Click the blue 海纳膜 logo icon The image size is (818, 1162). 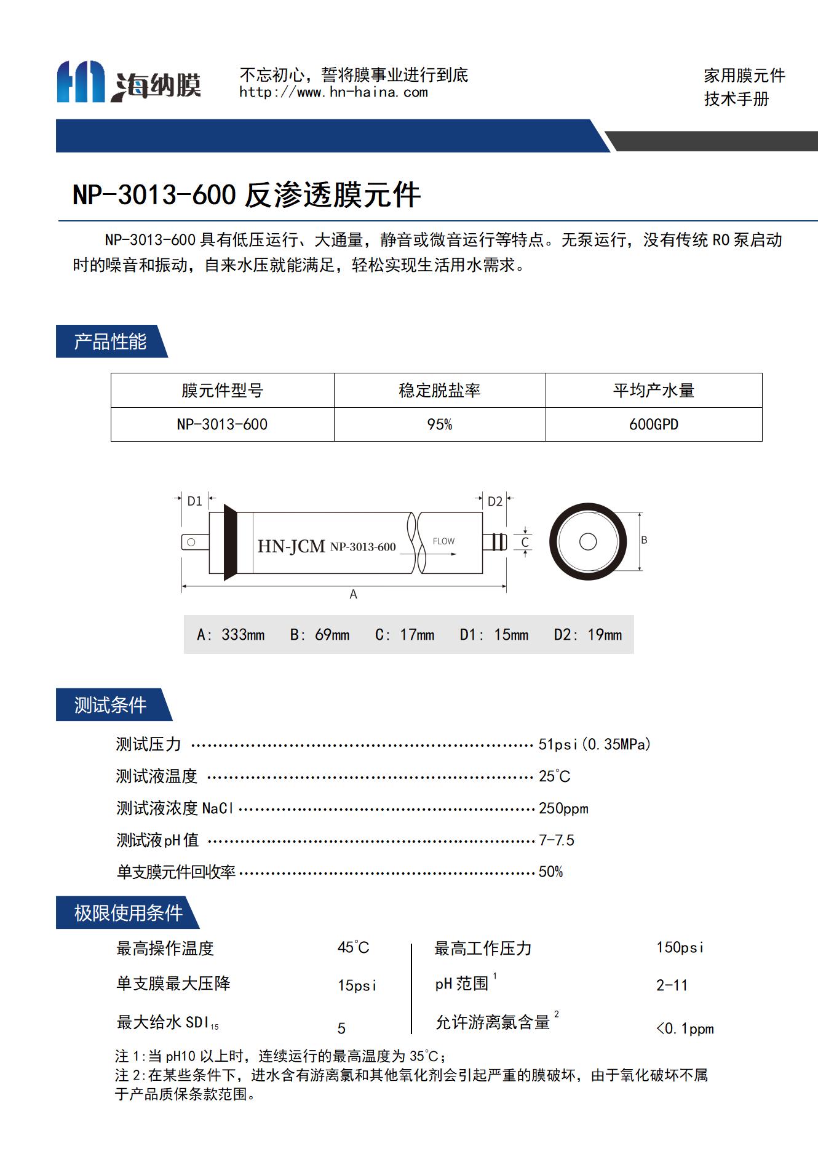click(81, 81)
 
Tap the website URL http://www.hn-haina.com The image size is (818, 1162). click(333, 93)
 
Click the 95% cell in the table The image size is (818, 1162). click(439, 424)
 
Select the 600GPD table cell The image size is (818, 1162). click(653, 424)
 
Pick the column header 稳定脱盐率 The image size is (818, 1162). click(439, 391)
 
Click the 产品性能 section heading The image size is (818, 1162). click(110, 341)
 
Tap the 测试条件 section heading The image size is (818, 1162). click(110, 705)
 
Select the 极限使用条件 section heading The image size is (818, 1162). click(128, 913)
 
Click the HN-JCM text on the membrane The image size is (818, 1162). click(291, 546)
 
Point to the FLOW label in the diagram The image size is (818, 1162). click(443, 541)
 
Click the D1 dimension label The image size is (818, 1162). click(194, 501)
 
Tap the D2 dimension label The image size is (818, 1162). click(495, 501)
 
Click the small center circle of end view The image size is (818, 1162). click(588, 541)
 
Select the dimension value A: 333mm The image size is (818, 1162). click(231, 635)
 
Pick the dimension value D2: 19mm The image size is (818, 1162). click(587, 635)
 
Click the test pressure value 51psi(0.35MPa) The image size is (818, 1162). click(594, 744)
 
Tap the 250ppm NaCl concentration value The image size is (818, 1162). click(563, 808)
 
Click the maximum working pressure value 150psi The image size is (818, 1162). click(680, 947)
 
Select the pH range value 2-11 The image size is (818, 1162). click(672, 985)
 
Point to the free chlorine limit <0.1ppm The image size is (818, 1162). click(685, 1029)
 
